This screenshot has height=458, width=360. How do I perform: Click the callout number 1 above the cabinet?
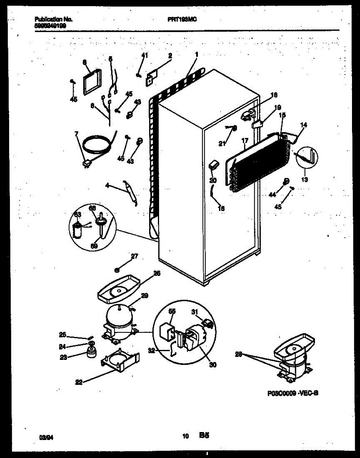pyautogui.click(x=196, y=54)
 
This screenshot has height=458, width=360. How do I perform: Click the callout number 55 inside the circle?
pyautogui.click(x=172, y=311)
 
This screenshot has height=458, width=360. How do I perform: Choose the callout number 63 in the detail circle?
pyautogui.click(x=77, y=214)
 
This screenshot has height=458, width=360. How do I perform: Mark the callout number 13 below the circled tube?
pyautogui.click(x=304, y=179)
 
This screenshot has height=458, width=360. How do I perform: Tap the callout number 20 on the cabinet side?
pyautogui.click(x=213, y=180)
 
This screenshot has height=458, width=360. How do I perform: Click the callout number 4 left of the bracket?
pyautogui.click(x=107, y=185)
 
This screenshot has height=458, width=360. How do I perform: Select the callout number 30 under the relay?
pyautogui.click(x=213, y=365)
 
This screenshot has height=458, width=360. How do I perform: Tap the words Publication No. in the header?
pyautogui.click(x=53, y=19)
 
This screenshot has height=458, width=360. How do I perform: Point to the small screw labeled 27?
pyautogui.click(x=118, y=269)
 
